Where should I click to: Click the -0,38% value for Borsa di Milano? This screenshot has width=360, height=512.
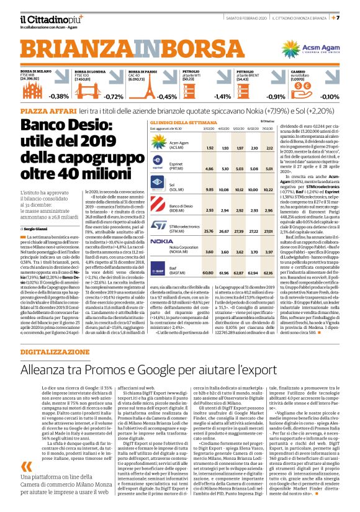(60, 97)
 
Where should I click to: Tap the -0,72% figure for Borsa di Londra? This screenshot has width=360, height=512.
(114, 97)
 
